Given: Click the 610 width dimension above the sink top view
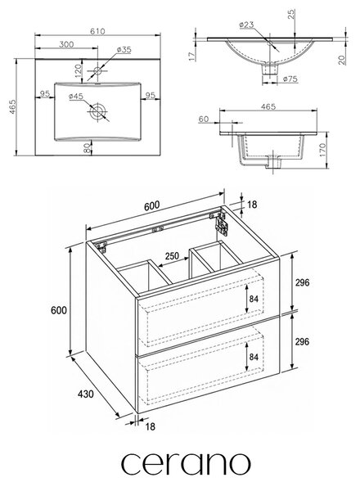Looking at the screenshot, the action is tap(97, 31).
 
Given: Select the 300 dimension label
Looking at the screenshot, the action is tap(66, 44).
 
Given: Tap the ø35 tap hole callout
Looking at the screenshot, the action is tap(124, 49).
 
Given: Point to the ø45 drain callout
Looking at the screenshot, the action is tap(76, 96).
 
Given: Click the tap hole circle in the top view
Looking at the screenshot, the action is tap(98, 70).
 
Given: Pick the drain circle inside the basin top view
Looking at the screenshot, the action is tap(98, 110).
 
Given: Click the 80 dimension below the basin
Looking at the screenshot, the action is tap(88, 147).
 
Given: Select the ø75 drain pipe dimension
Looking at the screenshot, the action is tap(290, 79).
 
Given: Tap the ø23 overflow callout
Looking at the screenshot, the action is tap(246, 25).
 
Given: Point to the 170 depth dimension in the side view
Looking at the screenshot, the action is tap(322, 151).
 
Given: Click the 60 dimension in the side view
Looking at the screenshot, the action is tap(204, 119).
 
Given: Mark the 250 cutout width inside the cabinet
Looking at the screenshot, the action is tap(172, 256).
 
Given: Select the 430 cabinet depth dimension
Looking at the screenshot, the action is tap(85, 394).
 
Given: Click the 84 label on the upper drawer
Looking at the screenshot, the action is tap(254, 299).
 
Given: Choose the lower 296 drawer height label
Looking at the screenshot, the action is tap(302, 341).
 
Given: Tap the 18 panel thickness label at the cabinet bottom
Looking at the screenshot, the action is tap(151, 426).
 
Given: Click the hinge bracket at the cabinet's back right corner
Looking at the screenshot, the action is tap(222, 224).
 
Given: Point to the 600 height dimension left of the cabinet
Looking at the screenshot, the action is tap(59, 310).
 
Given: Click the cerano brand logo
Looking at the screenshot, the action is tap(186, 464).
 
